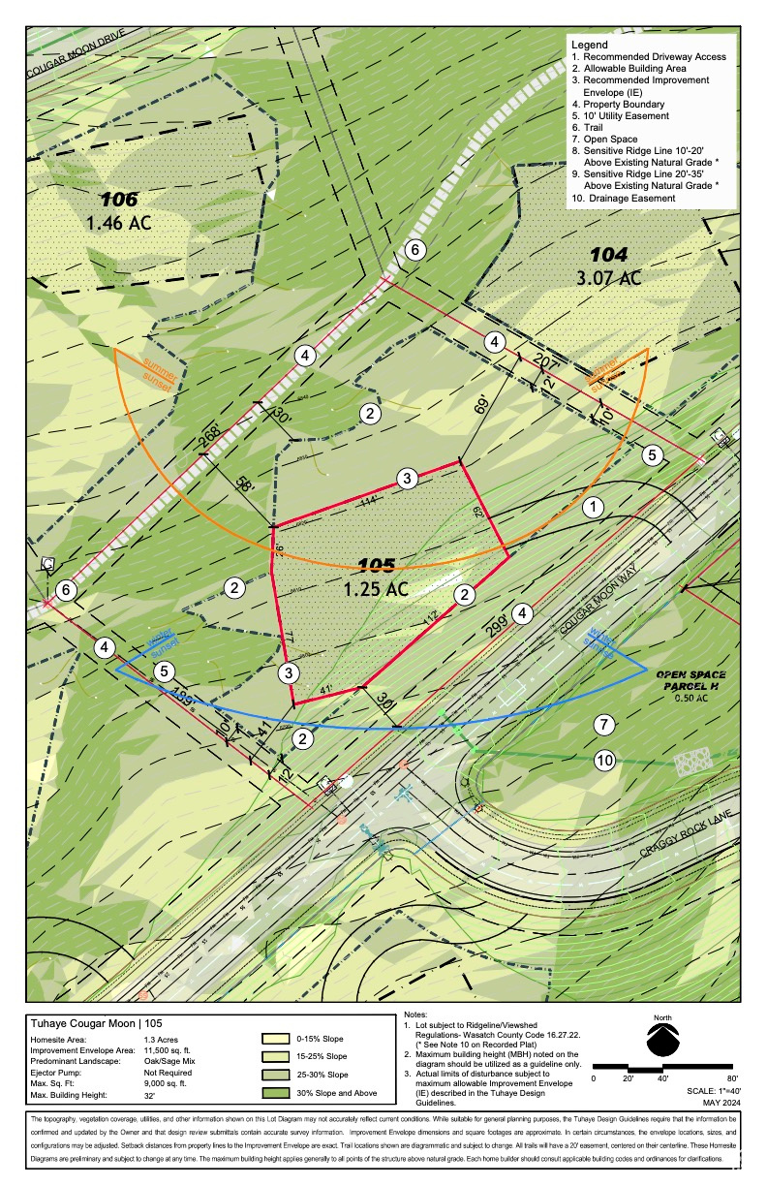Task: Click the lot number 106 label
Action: [x=119, y=199]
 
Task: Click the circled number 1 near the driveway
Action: [x=593, y=506]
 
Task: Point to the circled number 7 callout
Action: [x=604, y=724]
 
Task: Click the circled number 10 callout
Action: [x=604, y=761]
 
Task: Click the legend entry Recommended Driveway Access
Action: [x=648, y=57]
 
